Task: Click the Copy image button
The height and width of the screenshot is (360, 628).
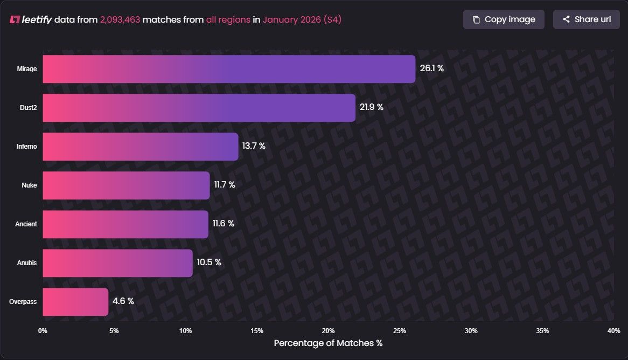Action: (x=504, y=19)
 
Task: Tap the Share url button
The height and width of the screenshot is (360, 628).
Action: (x=586, y=19)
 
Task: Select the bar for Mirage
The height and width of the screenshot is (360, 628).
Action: (x=229, y=69)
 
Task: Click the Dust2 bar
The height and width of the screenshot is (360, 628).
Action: (x=199, y=108)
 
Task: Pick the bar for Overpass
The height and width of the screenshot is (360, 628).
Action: (x=75, y=302)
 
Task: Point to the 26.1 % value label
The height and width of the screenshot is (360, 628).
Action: (x=431, y=68)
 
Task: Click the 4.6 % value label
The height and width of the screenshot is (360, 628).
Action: (x=123, y=301)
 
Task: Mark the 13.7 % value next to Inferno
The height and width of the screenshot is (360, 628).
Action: (x=254, y=146)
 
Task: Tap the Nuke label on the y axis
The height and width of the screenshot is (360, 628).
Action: (x=29, y=185)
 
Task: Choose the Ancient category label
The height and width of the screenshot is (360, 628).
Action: (x=26, y=224)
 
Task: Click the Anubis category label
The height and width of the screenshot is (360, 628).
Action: (x=27, y=263)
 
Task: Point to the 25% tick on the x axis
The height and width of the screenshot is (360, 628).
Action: (x=400, y=330)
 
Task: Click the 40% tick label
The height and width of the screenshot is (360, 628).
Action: (x=613, y=330)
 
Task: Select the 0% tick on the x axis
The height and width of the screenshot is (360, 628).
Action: (x=43, y=330)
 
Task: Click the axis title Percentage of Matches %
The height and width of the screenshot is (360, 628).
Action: (x=328, y=343)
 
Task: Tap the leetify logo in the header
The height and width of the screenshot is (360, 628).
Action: (x=31, y=20)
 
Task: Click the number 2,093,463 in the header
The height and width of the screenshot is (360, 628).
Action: (x=120, y=20)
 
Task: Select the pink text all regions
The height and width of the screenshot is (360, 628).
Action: (x=228, y=20)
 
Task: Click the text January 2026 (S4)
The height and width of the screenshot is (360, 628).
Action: (x=302, y=20)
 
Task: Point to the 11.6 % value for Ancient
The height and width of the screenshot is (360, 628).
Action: (x=224, y=224)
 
